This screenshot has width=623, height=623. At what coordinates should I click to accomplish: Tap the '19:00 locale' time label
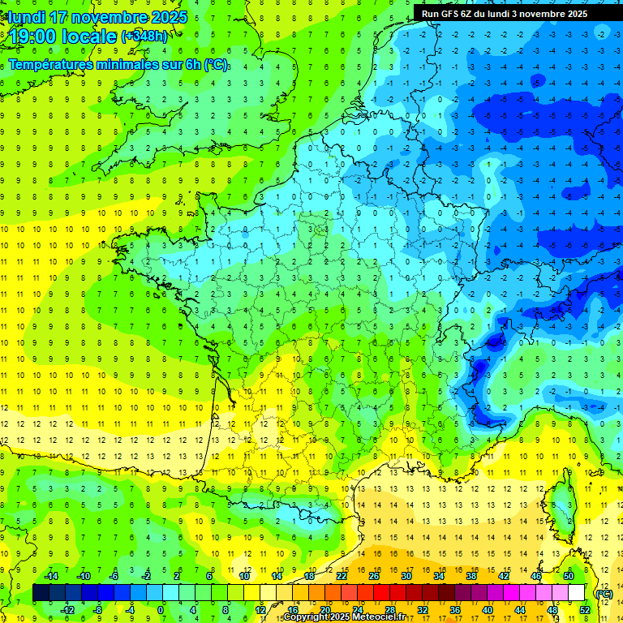coord(63,37)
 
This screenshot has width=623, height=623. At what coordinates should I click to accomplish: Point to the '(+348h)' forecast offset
coord(145,37)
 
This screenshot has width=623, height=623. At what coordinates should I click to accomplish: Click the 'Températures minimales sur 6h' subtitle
coord(118,64)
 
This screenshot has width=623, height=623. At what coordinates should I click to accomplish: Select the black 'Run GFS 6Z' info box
coord(516,13)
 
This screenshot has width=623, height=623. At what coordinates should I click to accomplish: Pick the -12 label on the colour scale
coord(67,609)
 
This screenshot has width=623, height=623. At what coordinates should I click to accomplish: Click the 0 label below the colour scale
coord(161,609)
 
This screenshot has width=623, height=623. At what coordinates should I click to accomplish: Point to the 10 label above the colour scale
coord(244,576)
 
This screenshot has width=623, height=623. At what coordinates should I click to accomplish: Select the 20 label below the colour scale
coord(324,609)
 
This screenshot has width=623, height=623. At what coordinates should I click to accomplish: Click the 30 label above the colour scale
coord(406,576)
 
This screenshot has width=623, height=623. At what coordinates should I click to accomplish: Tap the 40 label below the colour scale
coord(487,609)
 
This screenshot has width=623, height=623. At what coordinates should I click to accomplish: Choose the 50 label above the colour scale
coord(569,576)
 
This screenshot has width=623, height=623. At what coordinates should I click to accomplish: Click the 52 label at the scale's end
coord(585,609)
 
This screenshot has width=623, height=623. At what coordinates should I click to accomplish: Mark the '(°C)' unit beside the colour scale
coord(604,593)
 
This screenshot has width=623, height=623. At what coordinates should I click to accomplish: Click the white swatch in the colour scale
coord(577,593)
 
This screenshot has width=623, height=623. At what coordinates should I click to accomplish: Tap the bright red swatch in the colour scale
coord(382,593)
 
